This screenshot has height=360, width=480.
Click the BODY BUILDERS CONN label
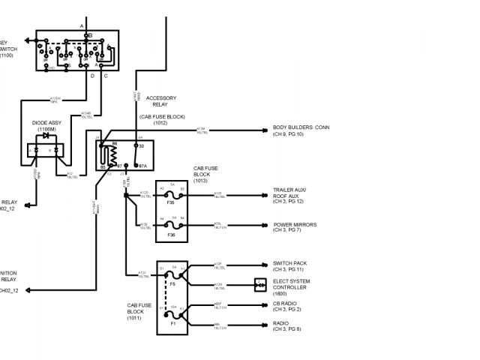pyautogui.click(x=301, y=127)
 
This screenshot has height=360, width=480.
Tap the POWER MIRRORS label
pyautogui.click(x=295, y=224)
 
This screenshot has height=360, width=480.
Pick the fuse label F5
pyautogui.click(x=173, y=283)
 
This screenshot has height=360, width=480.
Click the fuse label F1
pyautogui.click(x=173, y=323)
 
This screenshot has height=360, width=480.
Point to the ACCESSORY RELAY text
pyautogui.click(x=160, y=101)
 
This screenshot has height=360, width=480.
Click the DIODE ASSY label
pyautogui.click(x=46, y=121)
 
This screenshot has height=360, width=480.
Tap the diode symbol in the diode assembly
pyautogui.click(x=46, y=136)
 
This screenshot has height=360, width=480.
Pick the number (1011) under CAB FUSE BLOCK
pyautogui.click(x=135, y=318)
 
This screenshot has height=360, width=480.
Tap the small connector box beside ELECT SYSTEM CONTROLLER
pyautogui.click(x=259, y=284)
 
